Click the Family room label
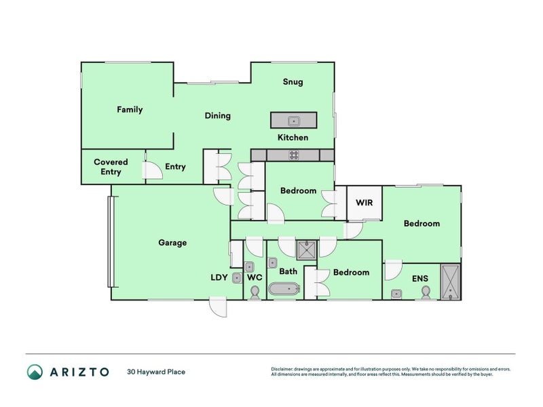click(130, 109)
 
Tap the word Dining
click(218, 115)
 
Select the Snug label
click(293, 82)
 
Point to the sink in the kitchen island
click(293, 121)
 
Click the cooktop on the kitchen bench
click(293, 155)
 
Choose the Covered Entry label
click(111, 167)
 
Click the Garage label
click(172, 242)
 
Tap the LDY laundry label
click(219, 277)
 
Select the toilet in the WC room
click(255, 292)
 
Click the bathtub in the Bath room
click(284, 290)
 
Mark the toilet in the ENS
click(426, 291)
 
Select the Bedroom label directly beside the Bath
click(351, 272)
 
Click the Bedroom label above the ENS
click(422, 223)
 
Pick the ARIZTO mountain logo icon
click(35, 372)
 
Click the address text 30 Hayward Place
click(156, 372)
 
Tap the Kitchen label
click(293, 138)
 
